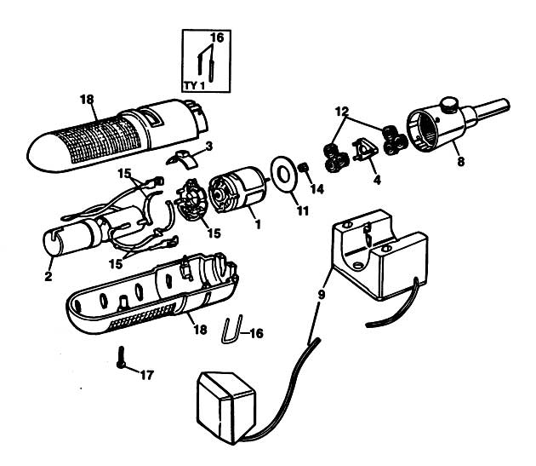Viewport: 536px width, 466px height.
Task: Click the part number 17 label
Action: tap(147, 376)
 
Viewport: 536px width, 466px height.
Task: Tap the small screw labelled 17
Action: tap(121, 358)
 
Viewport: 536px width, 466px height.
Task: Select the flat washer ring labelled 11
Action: tap(283, 174)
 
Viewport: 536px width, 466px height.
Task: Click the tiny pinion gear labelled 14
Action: tap(303, 168)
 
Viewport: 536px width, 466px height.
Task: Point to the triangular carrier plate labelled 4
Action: tap(366, 150)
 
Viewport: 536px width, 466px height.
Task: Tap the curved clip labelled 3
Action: tap(183, 158)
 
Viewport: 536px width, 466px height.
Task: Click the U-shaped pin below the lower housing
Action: tap(232, 329)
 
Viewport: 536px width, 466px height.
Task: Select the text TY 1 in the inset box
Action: tap(195, 85)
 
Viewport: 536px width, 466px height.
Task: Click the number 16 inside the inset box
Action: tap(217, 37)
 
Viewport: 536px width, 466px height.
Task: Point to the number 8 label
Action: tap(461, 161)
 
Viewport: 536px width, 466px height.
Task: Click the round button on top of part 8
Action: tap(449, 104)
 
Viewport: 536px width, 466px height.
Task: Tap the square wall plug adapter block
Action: tap(226, 407)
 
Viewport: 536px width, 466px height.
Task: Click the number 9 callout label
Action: tap(321, 295)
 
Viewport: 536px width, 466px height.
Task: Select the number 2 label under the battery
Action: tap(48, 276)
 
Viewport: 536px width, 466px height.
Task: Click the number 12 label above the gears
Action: tap(342, 111)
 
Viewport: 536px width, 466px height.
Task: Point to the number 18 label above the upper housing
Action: tap(87, 100)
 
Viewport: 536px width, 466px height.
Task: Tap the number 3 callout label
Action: tap(209, 146)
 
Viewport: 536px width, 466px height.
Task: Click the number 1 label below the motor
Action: tap(258, 224)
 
